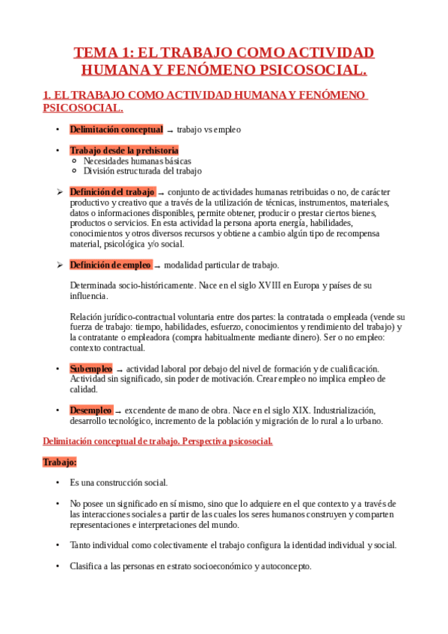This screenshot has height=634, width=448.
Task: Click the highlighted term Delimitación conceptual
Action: point(116,129)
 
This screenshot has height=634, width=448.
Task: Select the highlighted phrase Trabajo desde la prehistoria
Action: point(124,150)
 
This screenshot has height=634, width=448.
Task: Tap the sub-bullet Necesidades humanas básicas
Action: point(137,161)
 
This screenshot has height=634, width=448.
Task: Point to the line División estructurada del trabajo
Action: point(142,170)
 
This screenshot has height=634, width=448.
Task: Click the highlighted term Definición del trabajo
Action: point(112,191)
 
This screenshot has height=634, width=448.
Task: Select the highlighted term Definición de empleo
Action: point(111,265)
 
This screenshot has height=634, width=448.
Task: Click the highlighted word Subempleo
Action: point(90,369)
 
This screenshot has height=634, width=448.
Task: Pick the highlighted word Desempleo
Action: point(91,410)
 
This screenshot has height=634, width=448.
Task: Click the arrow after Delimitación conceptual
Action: point(170,130)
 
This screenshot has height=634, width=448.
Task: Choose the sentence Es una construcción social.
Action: point(119,482)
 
